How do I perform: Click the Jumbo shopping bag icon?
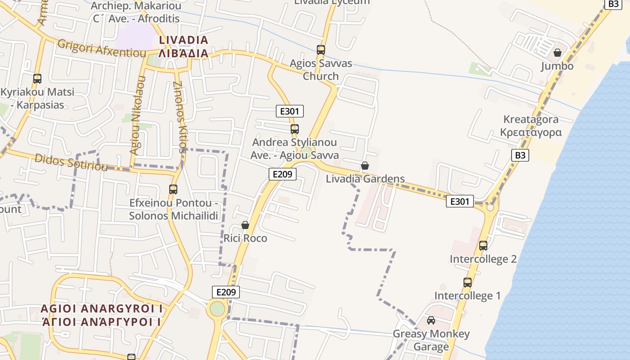click(558, 53)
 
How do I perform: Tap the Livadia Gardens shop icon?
click(365, 166)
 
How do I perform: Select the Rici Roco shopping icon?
click(245, 225)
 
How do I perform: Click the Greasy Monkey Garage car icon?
click(431, 320)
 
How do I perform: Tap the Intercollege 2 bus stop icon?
click(483, 246)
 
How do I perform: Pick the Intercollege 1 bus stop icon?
click(468, 283)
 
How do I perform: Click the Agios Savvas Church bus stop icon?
click(321, 50)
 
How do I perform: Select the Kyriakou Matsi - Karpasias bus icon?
click(37, 79)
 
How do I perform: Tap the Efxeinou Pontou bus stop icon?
click(173, 189)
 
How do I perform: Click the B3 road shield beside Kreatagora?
click(520, 155)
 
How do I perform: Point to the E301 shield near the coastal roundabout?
click(459, 201)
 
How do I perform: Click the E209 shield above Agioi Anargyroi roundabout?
click(225, 292)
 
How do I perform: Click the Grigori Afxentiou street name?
click(102, 48)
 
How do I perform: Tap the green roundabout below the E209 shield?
click(217, 309)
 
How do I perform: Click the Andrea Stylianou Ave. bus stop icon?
click(295, 129)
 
